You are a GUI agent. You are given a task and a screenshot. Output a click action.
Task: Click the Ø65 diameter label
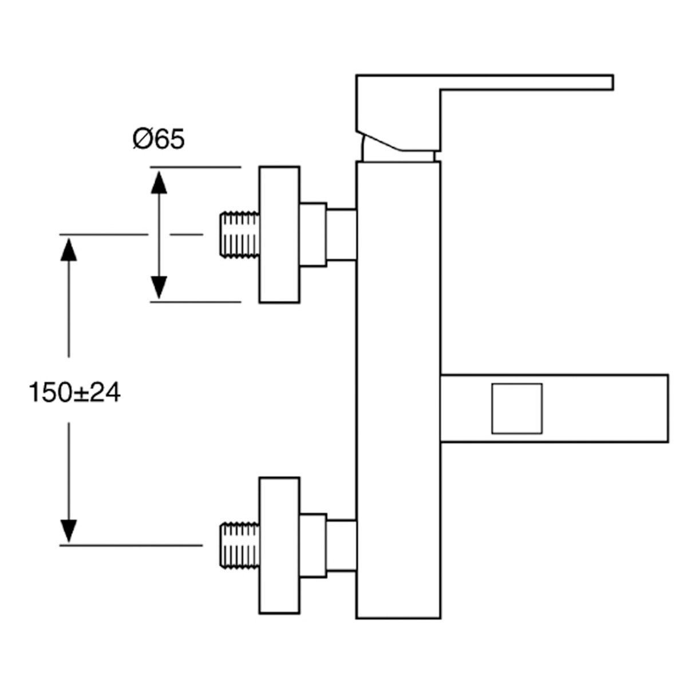[x=159, y=139]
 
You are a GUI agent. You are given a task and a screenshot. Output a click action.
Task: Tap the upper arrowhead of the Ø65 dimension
[x=159, y=183]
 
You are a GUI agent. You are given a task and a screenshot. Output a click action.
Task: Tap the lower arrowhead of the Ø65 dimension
[x=159, y=288]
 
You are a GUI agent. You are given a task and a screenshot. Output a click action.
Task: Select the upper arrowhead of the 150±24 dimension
[x=69, y=250]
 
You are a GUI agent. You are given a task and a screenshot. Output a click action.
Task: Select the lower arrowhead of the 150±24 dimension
[x=69, y=531]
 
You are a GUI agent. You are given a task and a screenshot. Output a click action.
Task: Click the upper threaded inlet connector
[x=239, y=235]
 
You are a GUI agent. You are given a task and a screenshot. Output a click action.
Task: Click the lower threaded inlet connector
[x=239, y=546]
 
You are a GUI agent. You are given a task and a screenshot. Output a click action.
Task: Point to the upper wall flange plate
[x=279, y=235]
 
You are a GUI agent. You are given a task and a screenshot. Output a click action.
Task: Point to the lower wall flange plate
[x=279, y=546]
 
